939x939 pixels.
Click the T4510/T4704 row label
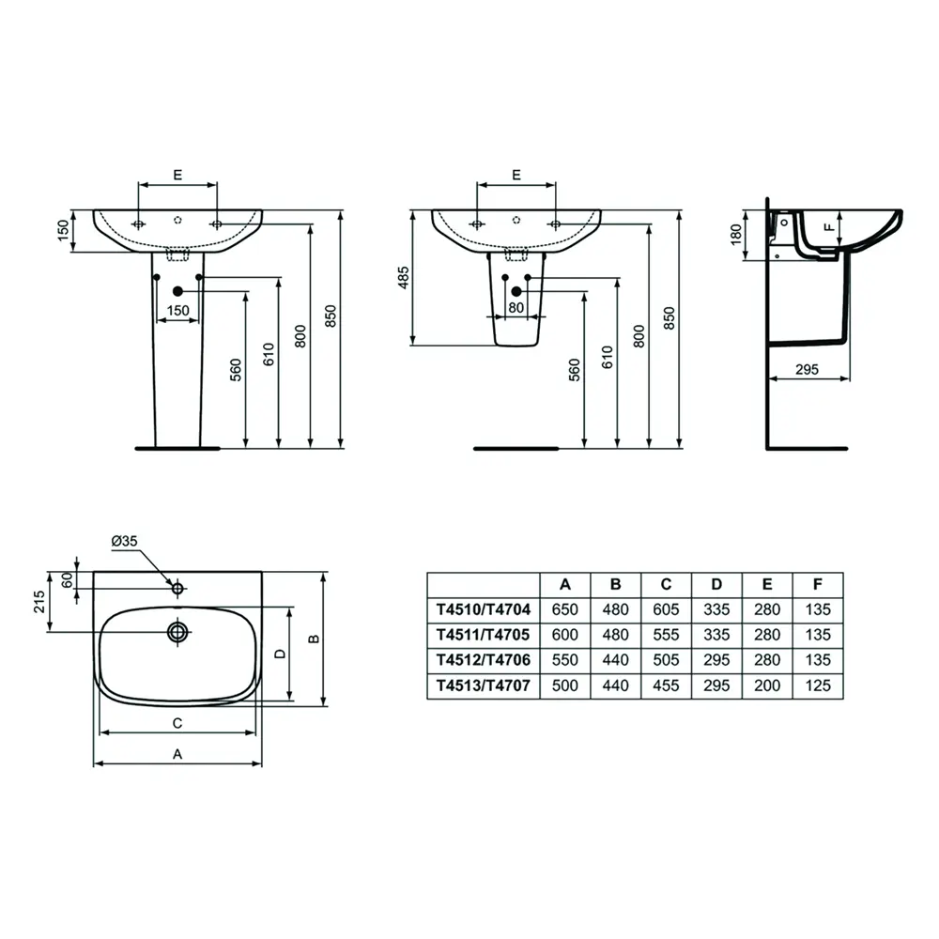pos(484,609)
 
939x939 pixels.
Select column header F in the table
pos(818,584)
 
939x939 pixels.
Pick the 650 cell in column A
pos(564,609)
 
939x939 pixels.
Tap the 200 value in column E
pos(767,685)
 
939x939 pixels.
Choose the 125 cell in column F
pos(818,685)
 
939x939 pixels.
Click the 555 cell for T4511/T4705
pos(666,635)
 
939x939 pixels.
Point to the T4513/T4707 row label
pos(484,685)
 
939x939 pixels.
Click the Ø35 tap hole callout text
pos(125,541)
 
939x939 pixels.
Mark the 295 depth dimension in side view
pos(807,369)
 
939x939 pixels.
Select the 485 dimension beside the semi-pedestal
pos(404,278)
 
